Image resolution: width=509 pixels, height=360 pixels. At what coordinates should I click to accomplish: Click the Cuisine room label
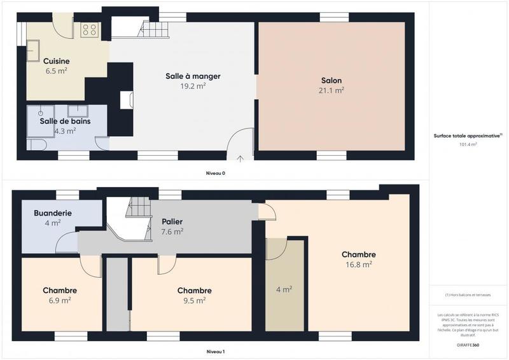point(57,61)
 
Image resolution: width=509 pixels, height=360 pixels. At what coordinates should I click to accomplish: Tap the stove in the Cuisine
point(89,29)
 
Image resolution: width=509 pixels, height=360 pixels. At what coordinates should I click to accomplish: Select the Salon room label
point(331,81)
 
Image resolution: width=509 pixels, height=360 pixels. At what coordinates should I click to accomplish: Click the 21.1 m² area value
point(331,90)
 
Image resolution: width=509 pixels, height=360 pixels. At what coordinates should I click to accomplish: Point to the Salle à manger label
point(193,76)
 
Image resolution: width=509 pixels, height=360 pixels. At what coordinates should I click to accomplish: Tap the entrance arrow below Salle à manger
point(241,158)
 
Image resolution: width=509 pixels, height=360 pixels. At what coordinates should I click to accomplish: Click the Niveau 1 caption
point(215,352)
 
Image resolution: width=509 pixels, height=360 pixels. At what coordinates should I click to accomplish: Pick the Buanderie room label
point(52,214)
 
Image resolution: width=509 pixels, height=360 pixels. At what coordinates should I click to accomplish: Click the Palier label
point(172,221)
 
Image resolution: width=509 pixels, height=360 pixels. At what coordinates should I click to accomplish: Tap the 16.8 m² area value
point(358,265)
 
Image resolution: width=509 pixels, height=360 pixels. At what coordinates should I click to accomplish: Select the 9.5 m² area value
point(194,301)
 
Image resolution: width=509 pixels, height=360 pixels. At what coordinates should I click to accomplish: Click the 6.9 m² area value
point(60,300)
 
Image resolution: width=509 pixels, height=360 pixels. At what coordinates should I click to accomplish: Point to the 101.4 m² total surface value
point(468,144)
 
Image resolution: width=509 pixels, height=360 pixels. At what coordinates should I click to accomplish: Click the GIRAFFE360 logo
point(468,345)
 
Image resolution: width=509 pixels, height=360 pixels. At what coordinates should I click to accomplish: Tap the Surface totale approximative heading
point(468,136)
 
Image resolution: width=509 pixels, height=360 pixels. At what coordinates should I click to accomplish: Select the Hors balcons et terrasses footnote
point(468,295)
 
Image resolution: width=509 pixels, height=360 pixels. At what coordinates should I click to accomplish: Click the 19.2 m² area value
point(193,85)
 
